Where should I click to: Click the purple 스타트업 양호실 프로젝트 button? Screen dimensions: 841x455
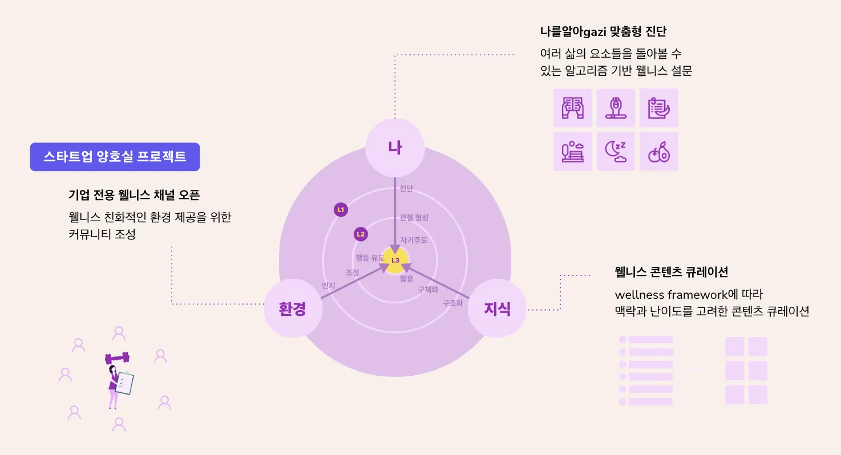115,157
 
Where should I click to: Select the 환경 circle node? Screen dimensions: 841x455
293,309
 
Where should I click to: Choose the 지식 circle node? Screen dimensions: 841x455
497,309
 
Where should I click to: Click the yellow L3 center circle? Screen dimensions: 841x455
395,260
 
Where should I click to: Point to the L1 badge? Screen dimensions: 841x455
341,210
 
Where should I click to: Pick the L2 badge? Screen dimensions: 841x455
361,234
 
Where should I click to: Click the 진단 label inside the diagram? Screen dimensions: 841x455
406,189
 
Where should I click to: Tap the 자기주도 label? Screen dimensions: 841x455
414,240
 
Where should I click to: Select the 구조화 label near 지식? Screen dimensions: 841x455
452,303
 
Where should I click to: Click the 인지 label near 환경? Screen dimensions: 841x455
328,286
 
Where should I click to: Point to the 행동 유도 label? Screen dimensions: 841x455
370,258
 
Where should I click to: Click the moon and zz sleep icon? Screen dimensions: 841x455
616,152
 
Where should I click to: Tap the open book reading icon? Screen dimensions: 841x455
572,108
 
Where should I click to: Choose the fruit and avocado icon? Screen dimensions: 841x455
659,152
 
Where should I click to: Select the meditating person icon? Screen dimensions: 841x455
616,108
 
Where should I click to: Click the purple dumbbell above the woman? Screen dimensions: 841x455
117,358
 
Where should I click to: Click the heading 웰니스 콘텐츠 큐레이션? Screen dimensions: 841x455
671,271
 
